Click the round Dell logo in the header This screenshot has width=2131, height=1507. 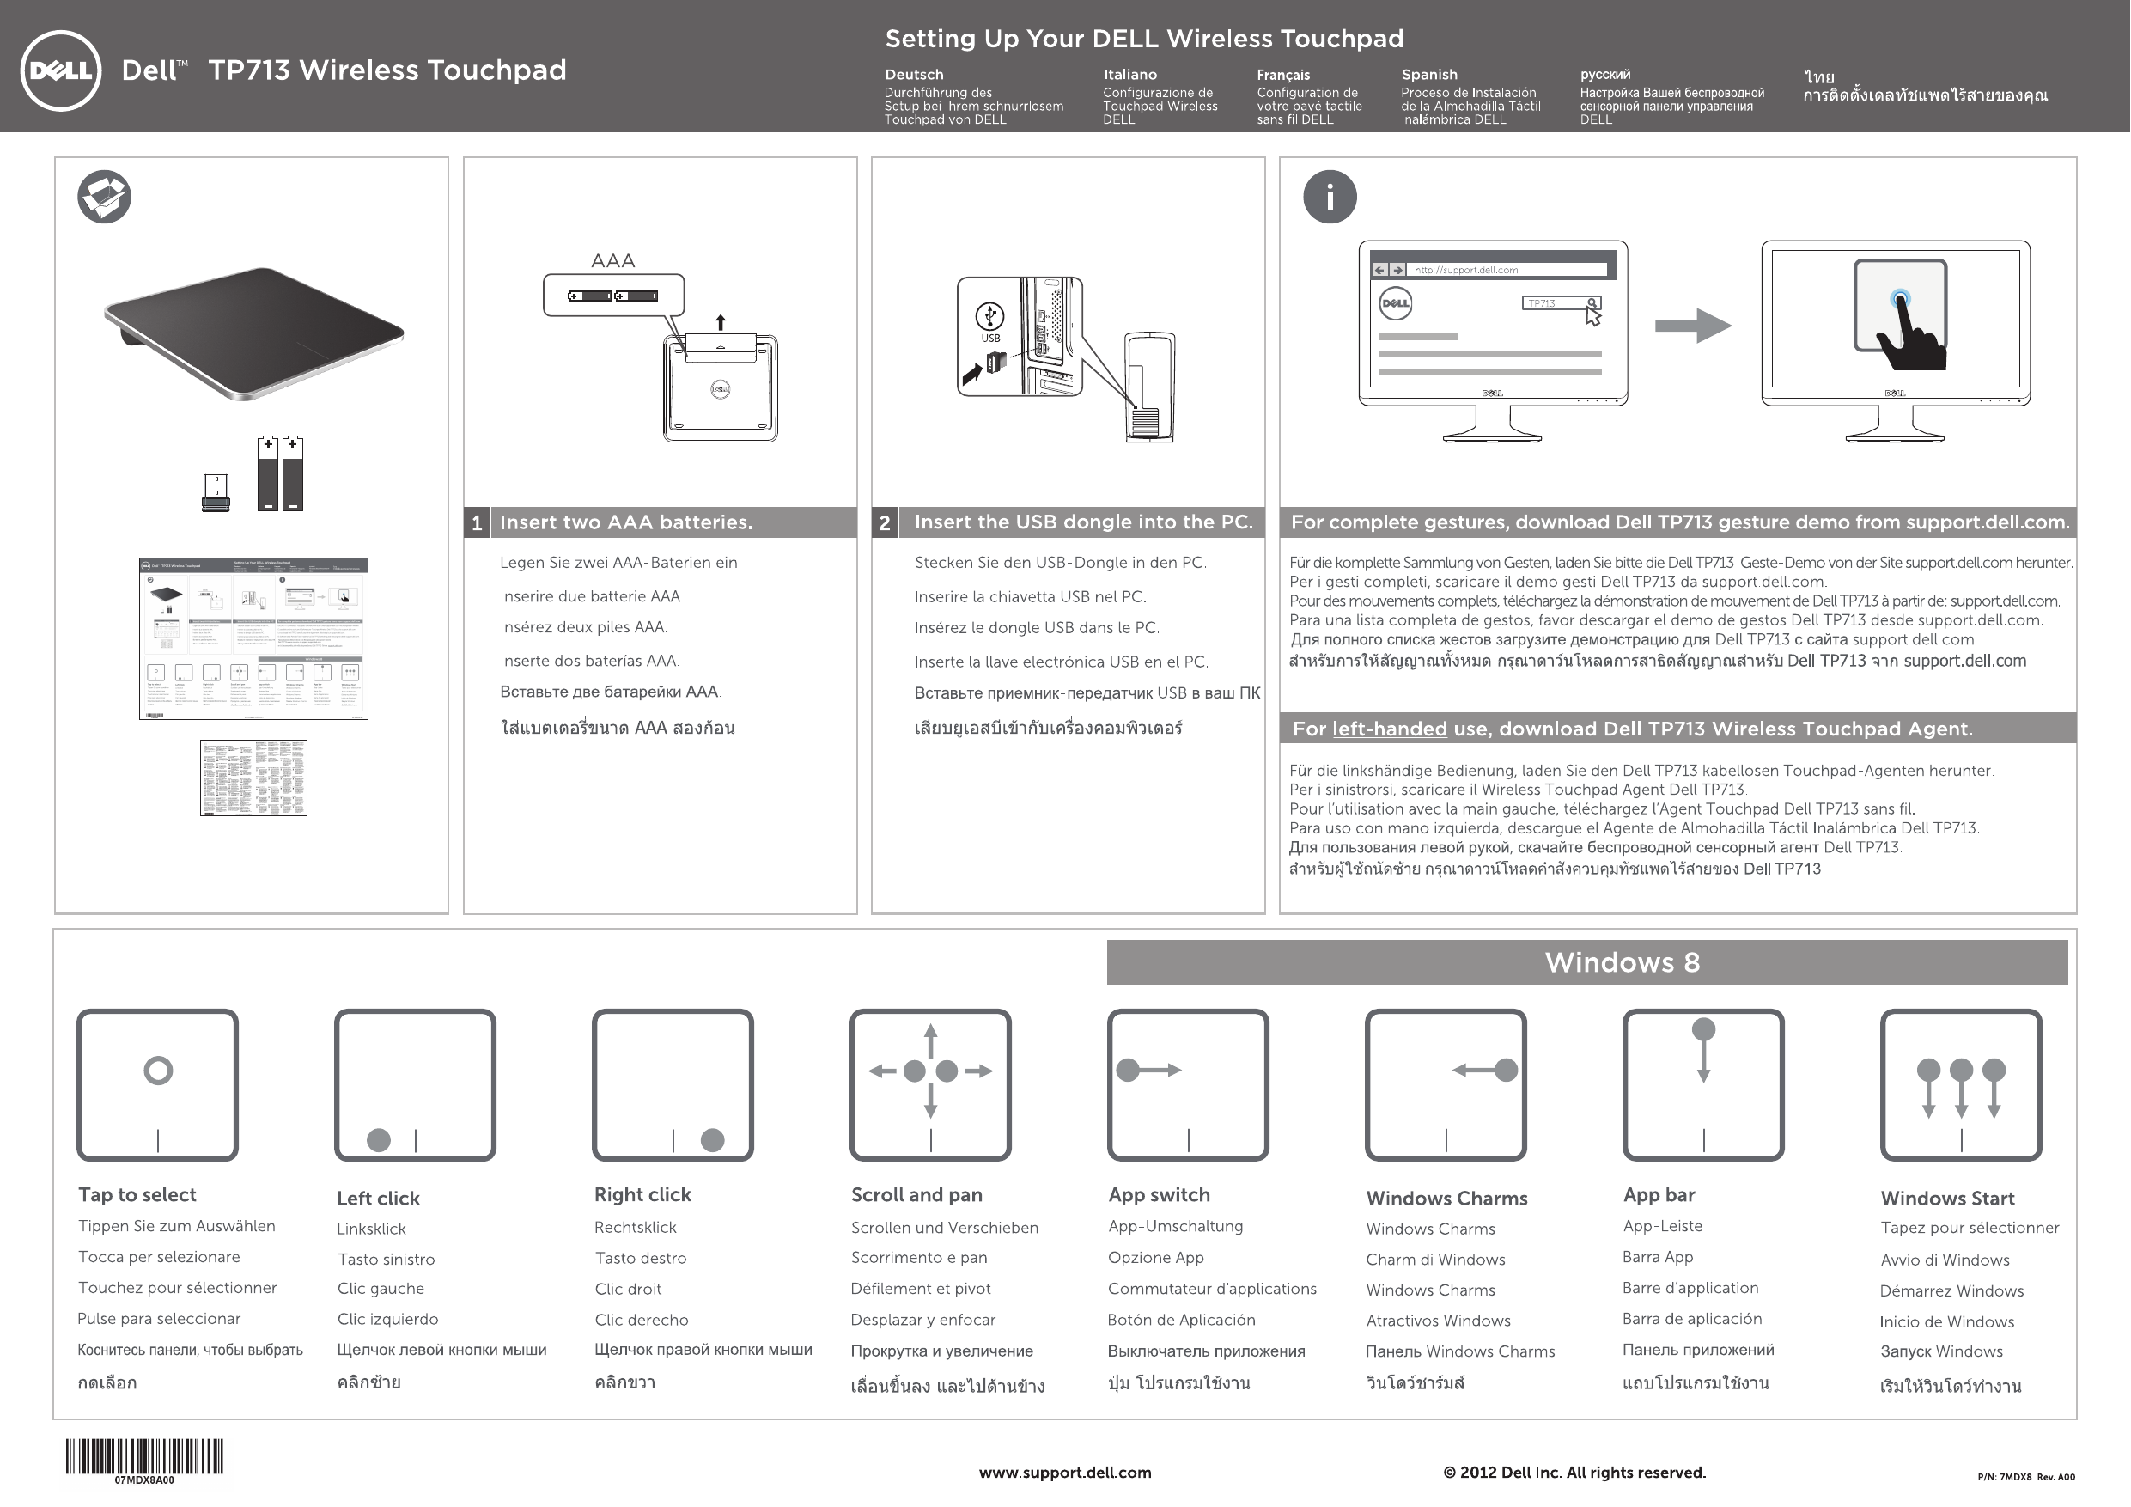pyautogui.click(x=60, y=70)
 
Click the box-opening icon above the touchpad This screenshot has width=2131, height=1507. pyautogui.click(x=104, y=197)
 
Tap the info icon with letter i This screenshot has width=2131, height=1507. pyautogui.click(x=1329, y=197)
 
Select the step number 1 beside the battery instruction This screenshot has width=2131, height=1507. pyautogui.click(x=476, y=522)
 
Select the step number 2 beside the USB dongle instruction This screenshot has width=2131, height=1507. pyautogui.click(x=885, y=522)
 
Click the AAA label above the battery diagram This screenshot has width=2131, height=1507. pyautogui.click(x=612, y=261)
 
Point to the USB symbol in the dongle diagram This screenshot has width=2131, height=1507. pyautogui.click(x=989, y=317)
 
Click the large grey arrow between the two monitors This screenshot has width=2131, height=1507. pyautogui.click(x=1692, y=325)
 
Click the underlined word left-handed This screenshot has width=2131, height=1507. pyautogui.click(x=1389, y=729)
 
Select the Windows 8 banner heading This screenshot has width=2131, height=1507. pyautogui.click(x=1622, y=962)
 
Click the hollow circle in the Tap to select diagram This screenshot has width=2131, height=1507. pyautogui.click(x=158, y=1071)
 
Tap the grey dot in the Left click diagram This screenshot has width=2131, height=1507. pyautogui.click(x=379, y=1140)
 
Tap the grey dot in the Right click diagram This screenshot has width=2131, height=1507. pyautogui.click(x=712, y=1140)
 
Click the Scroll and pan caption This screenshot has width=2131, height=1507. pyautogui.click(x=916, y=1195)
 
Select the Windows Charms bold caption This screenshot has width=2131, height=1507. pyautogui.click(x=1446, y=1199)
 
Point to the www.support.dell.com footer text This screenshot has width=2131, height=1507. pyautogui.click(x=1064, y=1473)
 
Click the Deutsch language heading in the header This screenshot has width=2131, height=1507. pyautogui.click(x=913, y=74)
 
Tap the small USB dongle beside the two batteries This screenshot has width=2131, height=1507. pyautogui.click(x=216, y=493)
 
